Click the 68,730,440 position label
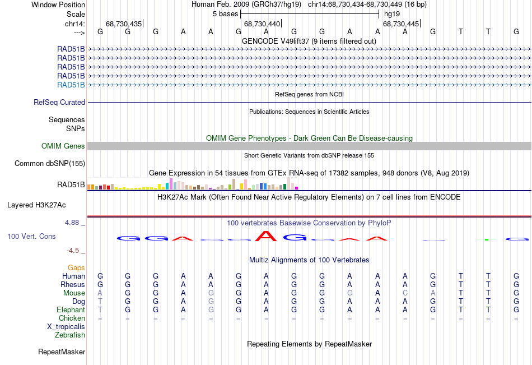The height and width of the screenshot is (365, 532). (262, 24)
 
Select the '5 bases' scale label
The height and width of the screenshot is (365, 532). (226, 13)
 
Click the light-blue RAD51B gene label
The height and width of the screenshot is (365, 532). (71, 85)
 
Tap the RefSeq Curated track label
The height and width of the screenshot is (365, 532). (59, 103)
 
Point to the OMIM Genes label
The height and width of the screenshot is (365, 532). (63, 146)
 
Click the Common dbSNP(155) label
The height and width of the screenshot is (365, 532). (50, 164)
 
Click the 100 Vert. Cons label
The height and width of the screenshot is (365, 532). (31, 237)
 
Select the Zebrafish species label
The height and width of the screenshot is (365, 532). (70, 335)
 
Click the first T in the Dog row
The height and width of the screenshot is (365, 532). (100, 302)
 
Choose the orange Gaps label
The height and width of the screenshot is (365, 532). (76, 268)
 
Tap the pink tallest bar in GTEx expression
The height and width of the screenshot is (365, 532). (170, 184)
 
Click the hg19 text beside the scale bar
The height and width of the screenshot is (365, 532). (390, 13)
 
